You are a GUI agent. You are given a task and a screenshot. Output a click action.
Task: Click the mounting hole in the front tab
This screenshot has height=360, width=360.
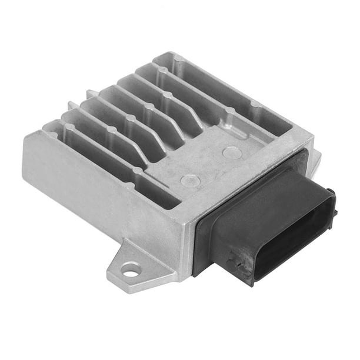131,270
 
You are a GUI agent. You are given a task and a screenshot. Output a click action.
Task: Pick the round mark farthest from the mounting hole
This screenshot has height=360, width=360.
232,154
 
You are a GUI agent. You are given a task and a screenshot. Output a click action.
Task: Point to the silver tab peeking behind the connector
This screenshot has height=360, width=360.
316,158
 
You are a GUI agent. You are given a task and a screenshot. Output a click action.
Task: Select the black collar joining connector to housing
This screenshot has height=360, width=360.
203,235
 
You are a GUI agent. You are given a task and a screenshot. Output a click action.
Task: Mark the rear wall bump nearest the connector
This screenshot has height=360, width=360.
254,104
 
